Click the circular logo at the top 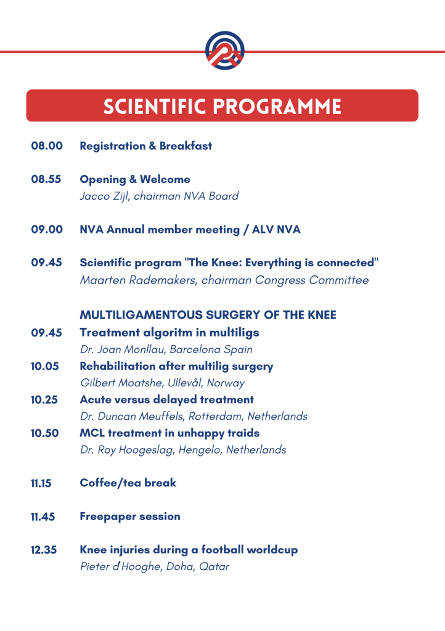pos(224,51)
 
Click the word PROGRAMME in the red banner pos(277,106)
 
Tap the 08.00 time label pos(47,145)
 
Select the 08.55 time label pos(46,179)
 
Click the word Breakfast pos(186,145)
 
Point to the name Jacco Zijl pos(105,196)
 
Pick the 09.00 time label pos(47,229)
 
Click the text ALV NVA pos(276,229)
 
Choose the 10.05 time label pos(44,366)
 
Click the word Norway pos(226,383)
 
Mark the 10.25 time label pos(44,399)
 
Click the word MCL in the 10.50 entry pos(92,433)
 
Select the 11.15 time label pos(41,483)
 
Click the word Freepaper pos(107,517)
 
